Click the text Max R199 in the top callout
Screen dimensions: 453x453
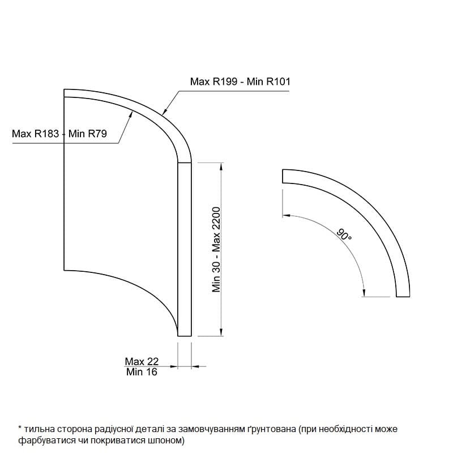[213, 82]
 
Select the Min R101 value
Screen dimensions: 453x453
[268, 82]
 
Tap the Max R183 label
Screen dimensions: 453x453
[35, 134]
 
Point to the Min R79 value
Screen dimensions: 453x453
[88, 134]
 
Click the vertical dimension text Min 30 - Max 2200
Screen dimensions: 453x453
[216, 250]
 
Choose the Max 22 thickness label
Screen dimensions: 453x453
[142, 361]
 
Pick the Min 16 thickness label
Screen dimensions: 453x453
[142, 372]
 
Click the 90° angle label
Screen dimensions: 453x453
[344, 234]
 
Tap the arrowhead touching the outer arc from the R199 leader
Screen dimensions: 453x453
[165, 112]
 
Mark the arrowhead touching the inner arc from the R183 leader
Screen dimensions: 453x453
[131, 114]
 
